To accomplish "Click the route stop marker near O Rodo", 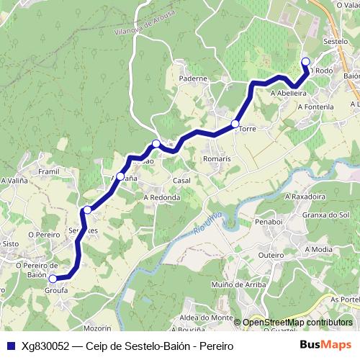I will [x=305, y=61].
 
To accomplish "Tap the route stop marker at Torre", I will [x=235, y=125].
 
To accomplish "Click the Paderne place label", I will [x=194, y=78].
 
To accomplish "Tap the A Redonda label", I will [x=161, y=197].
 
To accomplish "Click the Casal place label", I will [x=181, y=181].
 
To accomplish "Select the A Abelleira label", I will [x=289, y=93].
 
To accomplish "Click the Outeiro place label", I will [x=271, y=255].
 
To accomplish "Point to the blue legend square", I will [x=10, y=346].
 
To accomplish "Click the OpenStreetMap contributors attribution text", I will [x=297, y=323].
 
